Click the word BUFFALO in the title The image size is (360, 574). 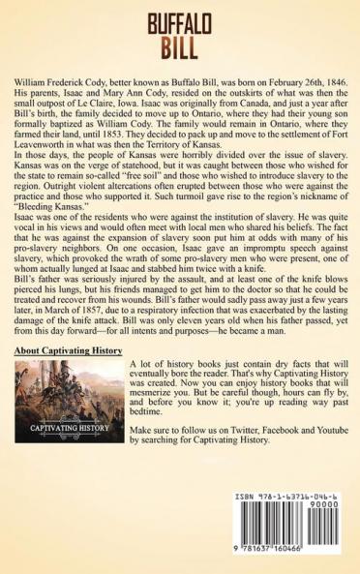point(179,20)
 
